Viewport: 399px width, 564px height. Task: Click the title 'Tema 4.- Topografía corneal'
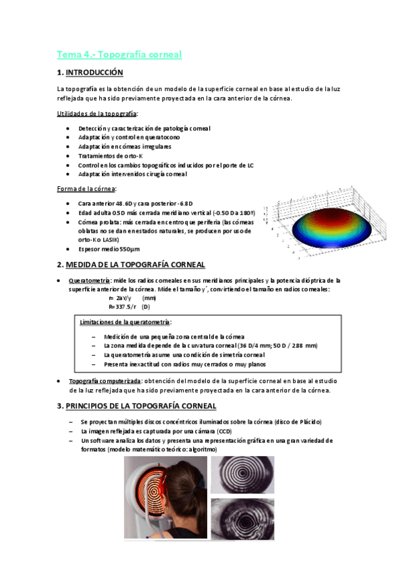[x=119, y=55]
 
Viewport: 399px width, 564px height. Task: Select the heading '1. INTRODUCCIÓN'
[x=90, y=72]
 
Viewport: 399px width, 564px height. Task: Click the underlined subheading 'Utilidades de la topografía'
[x=97, y=114]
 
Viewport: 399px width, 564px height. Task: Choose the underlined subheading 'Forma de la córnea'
[x=86, y=189]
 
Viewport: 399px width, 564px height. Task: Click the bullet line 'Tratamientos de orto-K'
[x=110, y=156]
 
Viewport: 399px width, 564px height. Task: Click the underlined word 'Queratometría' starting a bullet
[x=89, y=281]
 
